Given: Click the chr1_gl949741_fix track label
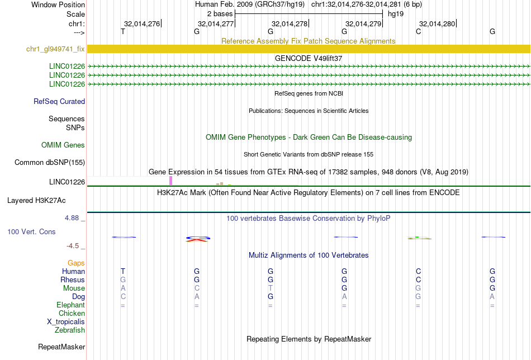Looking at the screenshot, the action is (55, 49).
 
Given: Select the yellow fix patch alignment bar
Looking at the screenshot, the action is (309, 49).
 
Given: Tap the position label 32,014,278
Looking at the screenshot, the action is (290, 23).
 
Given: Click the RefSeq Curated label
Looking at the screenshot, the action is (59, 101).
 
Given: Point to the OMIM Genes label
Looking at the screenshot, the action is (63, 145).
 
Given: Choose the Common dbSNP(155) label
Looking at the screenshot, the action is (50, 162).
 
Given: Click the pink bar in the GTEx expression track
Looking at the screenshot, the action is (170, 181).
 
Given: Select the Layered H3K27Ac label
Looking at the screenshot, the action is (36, 201).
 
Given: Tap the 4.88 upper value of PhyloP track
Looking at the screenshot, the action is (72, 218).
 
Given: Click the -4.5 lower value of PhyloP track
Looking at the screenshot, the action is (73, 246).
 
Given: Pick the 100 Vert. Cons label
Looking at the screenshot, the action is (31, 231).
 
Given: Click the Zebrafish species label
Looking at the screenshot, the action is (70, 330).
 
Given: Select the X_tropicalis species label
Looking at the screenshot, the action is (66, 322).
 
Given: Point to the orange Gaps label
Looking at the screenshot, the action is (76, 263).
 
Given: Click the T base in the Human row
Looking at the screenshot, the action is (123, 271).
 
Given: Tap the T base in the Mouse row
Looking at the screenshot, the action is (270, 288).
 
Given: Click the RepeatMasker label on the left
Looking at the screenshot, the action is (61, 347).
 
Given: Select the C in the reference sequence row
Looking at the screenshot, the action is (419, 31).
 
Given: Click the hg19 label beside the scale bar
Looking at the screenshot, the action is (396, 14).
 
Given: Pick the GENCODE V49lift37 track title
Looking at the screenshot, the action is (309, 58).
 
